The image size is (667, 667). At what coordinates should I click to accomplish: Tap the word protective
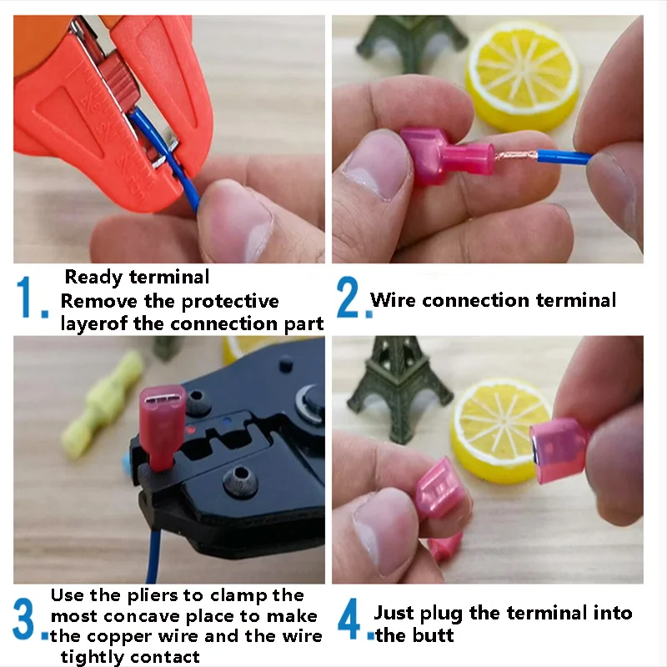(230, 302)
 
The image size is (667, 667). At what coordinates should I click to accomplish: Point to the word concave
(142, 616)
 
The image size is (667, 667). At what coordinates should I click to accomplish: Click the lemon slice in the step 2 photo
(523, 76)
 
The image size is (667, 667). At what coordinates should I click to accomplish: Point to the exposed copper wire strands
(516, 156)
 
